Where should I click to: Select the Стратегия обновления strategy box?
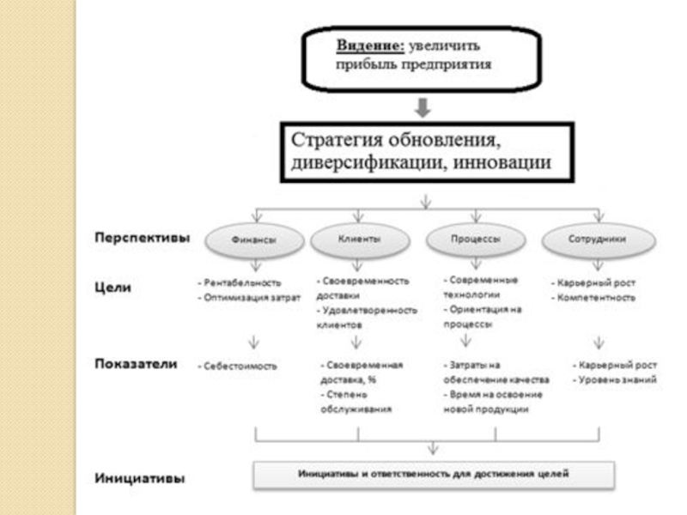coord(423,151)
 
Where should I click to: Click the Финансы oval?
coord(254,241)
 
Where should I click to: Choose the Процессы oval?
coord(476,240)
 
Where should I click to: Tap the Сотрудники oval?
coord(596,240)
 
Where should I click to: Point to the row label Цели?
coord(112,288)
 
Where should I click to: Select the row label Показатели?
coord(135,363)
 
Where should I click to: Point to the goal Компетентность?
coord(594,298)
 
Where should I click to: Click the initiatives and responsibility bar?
coord(433,473)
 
